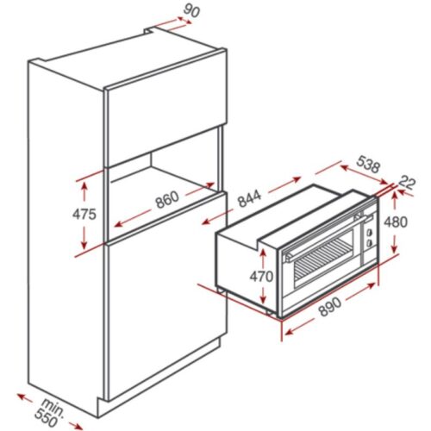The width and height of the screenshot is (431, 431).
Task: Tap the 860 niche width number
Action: (166, 198)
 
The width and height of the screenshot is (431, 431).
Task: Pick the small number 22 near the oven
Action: (408, 182)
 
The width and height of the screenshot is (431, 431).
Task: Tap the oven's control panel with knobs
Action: (369, 232)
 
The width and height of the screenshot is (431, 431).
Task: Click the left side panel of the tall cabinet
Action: (65, 233)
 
